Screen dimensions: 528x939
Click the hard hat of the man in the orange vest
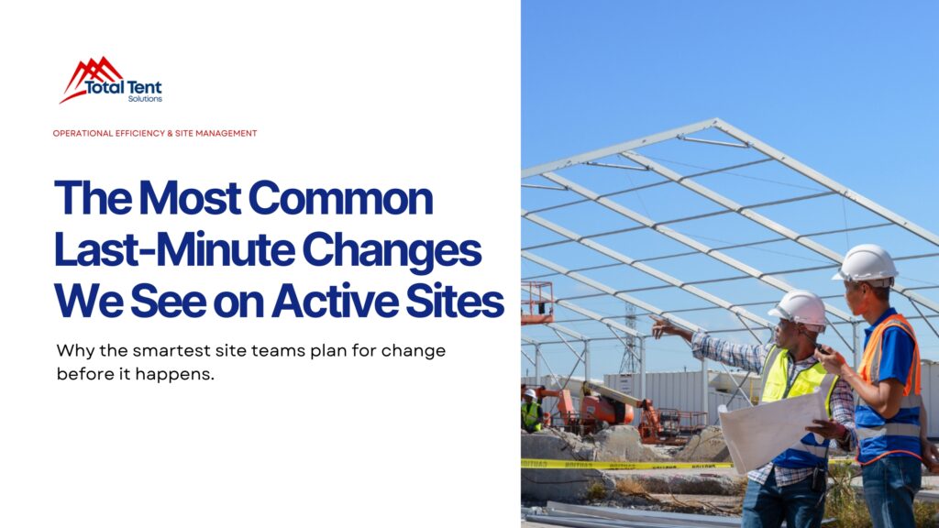[x=867, y=264]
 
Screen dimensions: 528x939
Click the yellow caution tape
[x=624, y=465]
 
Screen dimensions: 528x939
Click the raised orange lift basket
[x=537, y=302]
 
